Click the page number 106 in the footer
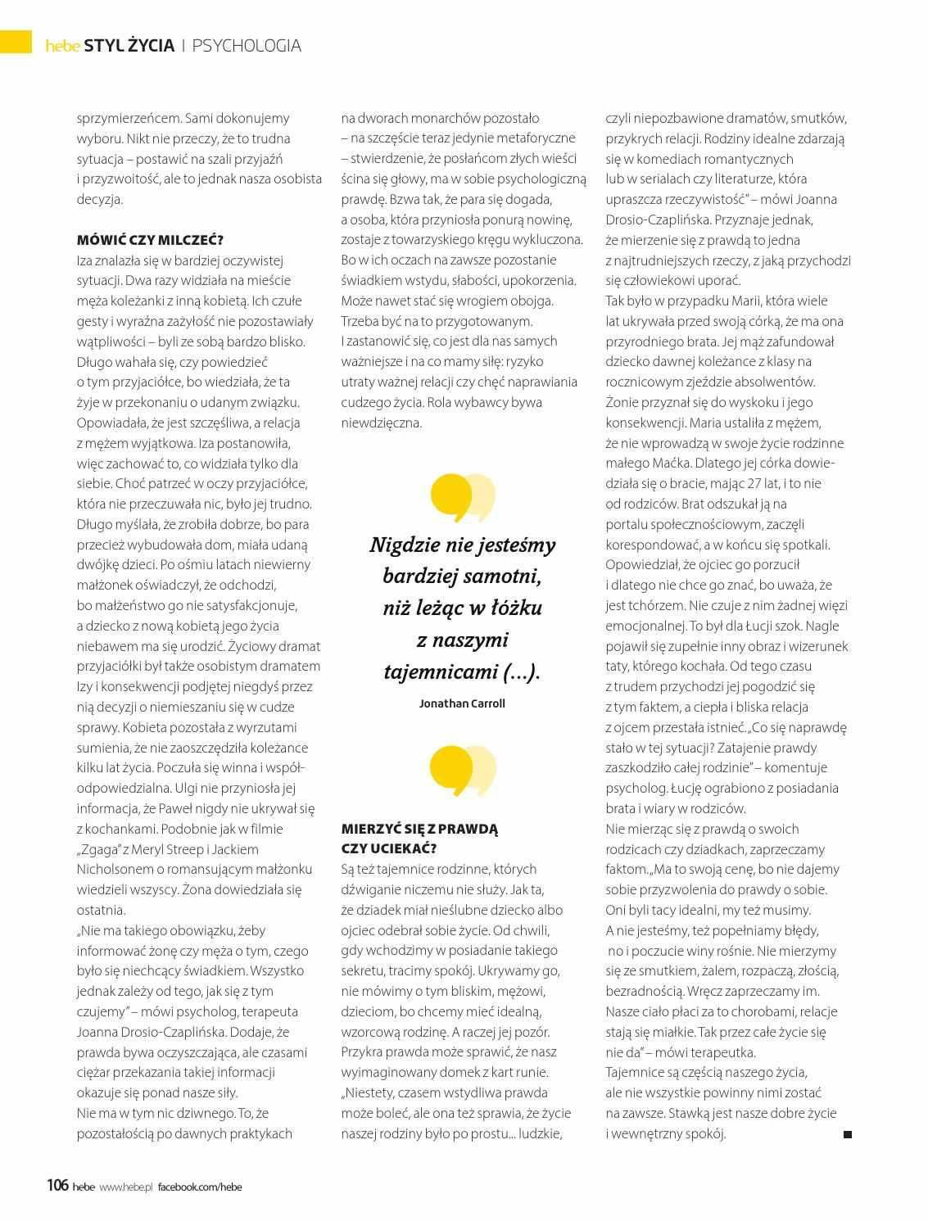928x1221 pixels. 57,1185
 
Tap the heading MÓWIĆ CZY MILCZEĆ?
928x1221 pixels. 150,240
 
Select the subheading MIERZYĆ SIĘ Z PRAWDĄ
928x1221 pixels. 419,828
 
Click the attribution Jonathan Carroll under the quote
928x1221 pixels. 462,703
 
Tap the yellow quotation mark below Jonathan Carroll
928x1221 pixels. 462,771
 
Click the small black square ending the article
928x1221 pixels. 848,1134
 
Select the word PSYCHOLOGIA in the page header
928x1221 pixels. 247,46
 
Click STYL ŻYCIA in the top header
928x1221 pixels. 134,46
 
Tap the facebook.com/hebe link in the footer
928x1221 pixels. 200,1187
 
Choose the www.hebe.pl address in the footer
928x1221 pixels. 126,1187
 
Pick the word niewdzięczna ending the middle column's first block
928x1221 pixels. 382,423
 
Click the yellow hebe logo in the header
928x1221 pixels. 63,47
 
